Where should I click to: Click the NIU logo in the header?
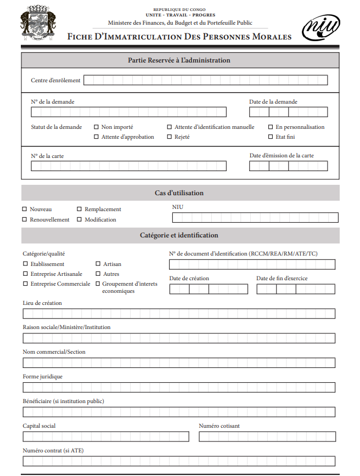pos(321,26)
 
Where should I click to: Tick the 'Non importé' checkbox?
pos(97,127)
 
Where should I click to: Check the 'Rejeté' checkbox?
pos(170,137)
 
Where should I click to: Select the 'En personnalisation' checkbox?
pos(271,127)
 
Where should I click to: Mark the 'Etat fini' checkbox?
pos(271,137)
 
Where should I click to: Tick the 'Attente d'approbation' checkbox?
pos(97,137)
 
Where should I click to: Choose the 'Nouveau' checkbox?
pos(25,209)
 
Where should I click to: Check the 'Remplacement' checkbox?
pos(80,209)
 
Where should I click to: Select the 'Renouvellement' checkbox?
pos(25,219)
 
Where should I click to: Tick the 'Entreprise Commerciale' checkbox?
pos(25,284)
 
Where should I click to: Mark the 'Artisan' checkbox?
pos(98,264)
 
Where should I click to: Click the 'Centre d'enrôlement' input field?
pos(206,81)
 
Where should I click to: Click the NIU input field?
pos(255,218)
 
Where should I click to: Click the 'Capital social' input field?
pos(106,437)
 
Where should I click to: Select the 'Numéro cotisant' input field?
pos(267,437)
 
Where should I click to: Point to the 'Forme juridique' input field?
pos(179,388)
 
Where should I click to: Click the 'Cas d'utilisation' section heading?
pos(179,193)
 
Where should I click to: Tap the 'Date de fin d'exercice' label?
pos(282,279)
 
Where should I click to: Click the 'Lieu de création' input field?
pos(179,314)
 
